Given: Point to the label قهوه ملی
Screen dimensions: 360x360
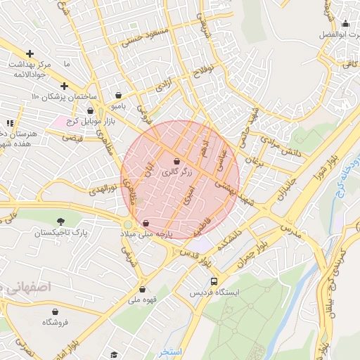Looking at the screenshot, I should tap(143, 300).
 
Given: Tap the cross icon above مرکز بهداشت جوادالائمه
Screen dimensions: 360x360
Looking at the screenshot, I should tap(30, 53).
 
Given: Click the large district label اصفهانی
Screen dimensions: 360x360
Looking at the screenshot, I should tap(28, 287).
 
